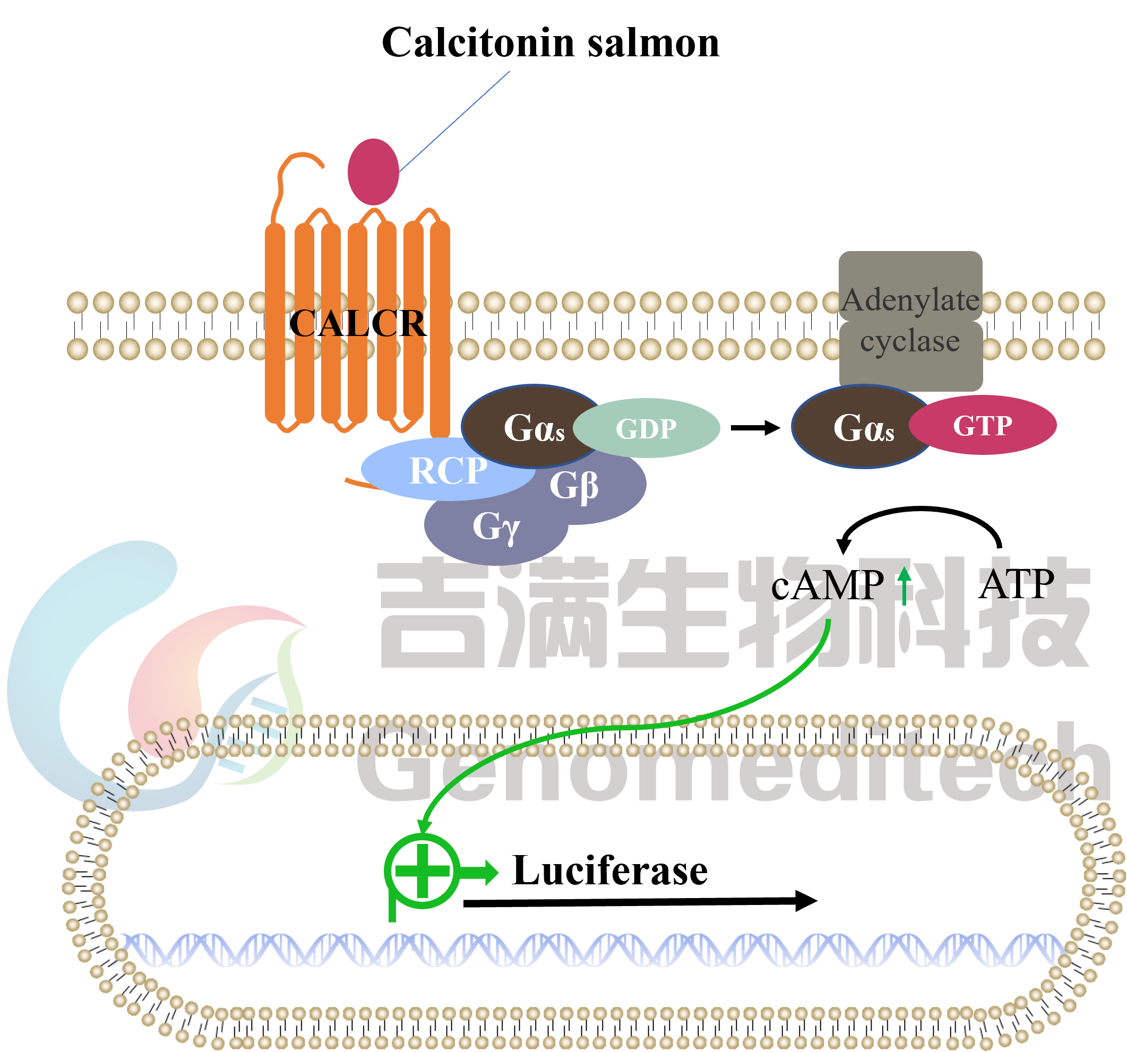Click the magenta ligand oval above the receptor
point(373,171)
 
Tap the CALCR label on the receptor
point(358,324)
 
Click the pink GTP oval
point(983,425)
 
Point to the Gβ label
point(574,486)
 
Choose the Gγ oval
point(495,530)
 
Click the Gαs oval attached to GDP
point(527,426)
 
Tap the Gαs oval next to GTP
point(858,426)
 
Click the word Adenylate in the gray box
point(910,300)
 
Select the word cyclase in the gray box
point(910,341)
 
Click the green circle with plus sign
point(422,870)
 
